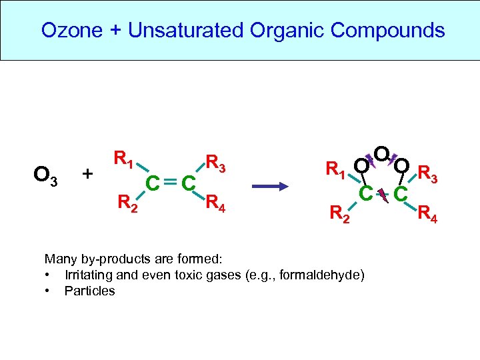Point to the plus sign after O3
87,175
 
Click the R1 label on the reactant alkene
125,159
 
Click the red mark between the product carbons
383,194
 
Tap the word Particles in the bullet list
89,291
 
